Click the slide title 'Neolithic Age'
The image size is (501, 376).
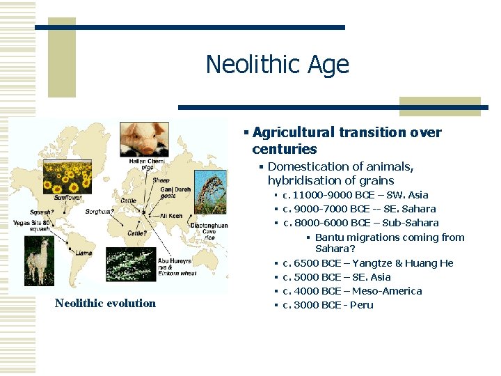(x=277, y=65)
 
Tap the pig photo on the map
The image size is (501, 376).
(x=143, y=139)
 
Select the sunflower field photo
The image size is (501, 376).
(x=67, y=178)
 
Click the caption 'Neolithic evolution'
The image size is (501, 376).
(x=105, y=303)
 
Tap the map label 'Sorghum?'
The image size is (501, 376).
(x=99, y=211)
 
